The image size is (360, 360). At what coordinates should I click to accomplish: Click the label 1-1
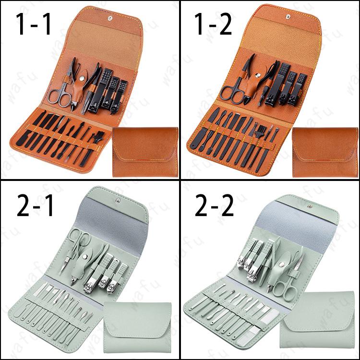click(x=33, y=24)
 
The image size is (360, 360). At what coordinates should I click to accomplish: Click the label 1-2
click(x=213, y=24)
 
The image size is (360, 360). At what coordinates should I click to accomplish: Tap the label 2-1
click(x=35, y=205)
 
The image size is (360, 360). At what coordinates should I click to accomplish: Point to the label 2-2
click(x=214, y=205)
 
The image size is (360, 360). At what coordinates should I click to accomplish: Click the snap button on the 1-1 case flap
click(x=110, y=18)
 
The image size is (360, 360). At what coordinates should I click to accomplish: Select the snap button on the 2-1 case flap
click(x=118, y=201)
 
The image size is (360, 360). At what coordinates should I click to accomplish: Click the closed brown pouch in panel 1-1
click(x=145, y=152)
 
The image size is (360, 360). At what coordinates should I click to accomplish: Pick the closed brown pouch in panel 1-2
click(x=325, y=152)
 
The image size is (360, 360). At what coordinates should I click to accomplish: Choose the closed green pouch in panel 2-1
click(x=137, y=328)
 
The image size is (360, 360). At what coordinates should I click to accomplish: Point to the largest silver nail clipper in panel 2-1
click(x=95, y=274)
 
